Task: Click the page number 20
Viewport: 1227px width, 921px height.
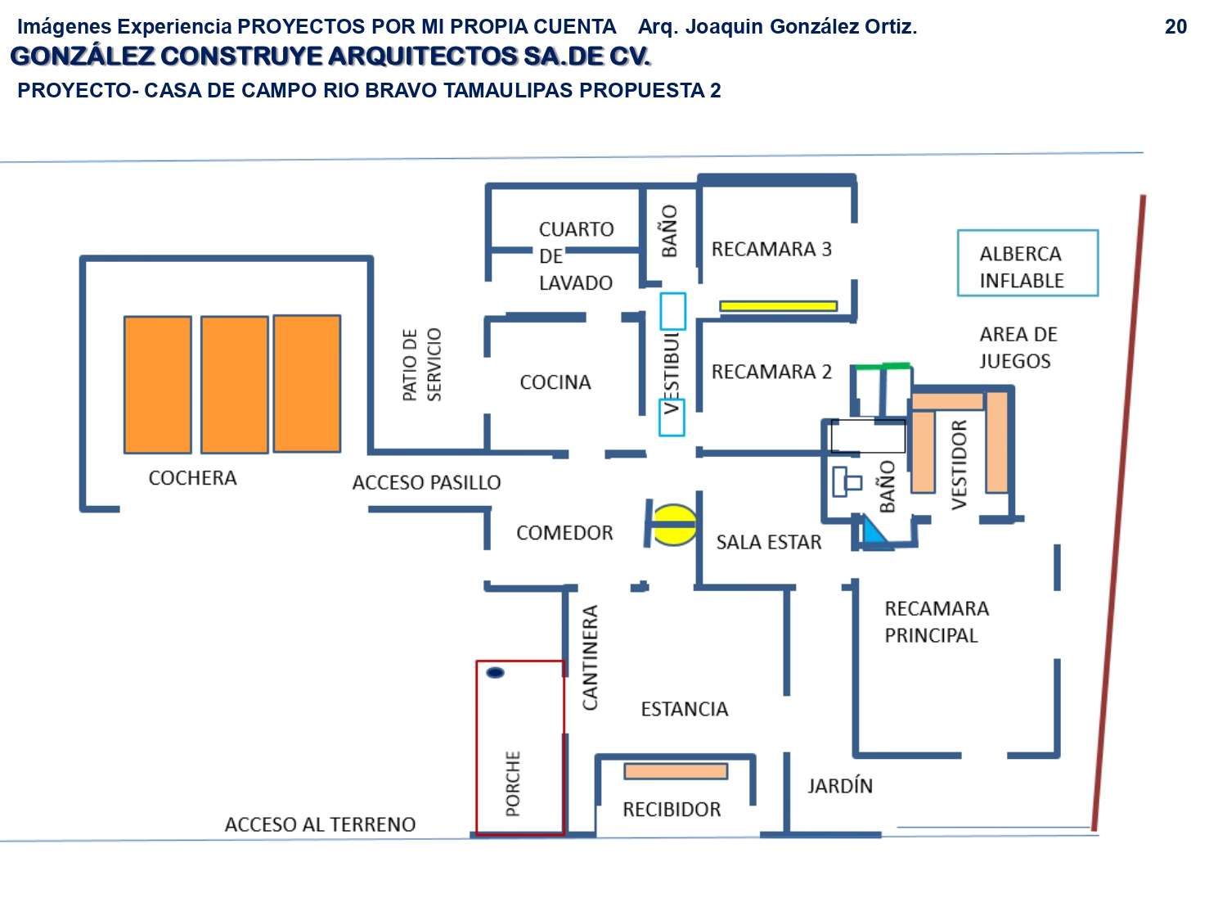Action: [1175, 27]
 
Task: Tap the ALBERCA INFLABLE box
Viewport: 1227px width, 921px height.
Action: [1027, 263]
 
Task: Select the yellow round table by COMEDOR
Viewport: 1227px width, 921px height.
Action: [675, 525]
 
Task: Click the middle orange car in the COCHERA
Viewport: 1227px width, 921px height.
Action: [235, 385]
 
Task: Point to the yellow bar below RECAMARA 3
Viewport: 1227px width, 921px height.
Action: [778, 306]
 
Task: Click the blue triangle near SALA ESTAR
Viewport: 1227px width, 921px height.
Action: [873, 530]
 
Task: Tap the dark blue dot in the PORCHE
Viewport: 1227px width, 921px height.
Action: [495, 672]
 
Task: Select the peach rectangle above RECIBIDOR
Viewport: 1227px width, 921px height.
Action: [676, 772]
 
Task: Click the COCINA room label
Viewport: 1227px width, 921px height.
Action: [555, 382]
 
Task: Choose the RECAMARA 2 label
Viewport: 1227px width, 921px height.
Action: [771, 372]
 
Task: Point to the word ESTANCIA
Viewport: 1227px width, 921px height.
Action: [684, 710]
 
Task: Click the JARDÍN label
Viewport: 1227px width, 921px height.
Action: [839, 786]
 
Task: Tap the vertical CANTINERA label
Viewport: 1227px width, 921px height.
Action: [591, 657]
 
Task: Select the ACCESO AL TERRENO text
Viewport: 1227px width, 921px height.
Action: [321, 825]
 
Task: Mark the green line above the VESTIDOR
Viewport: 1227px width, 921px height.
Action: [883, 367]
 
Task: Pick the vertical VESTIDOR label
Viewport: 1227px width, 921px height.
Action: [960, 465]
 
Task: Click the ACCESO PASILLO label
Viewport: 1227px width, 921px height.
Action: [426, 482]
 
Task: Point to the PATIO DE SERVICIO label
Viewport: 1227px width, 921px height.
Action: [422, 364]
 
